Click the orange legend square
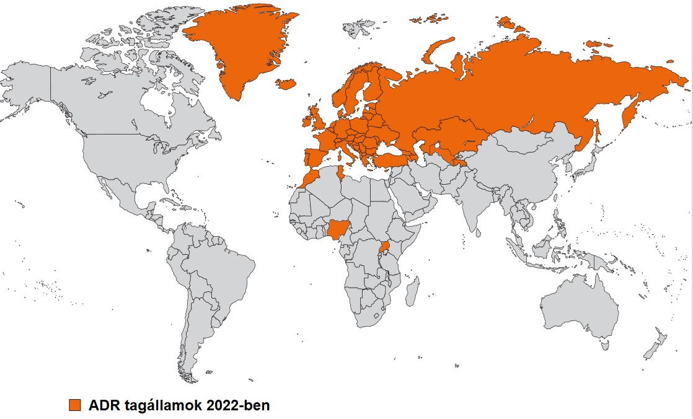tap(75, 405)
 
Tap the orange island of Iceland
tap(285, 84)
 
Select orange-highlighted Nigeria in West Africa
tap(337, 230)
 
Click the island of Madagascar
tap(411, 291)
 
